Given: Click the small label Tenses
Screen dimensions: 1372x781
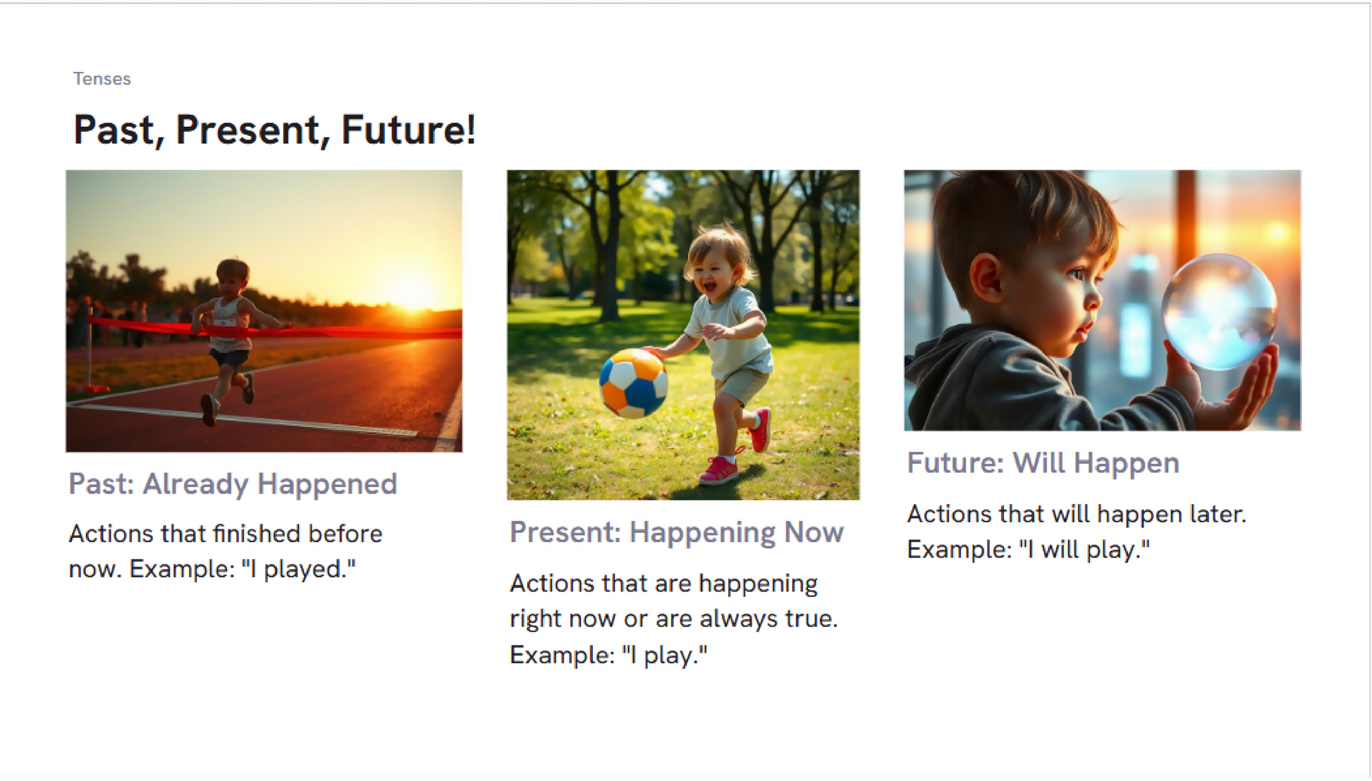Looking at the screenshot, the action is pos(102,79).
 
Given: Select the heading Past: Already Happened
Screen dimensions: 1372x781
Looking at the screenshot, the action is pos(233,484).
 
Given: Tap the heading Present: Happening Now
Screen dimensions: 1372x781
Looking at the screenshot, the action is pos(677,533).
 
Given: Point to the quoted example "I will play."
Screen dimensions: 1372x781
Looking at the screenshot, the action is pos(1084,549).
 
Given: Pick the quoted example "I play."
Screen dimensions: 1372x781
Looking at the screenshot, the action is pos(665,655).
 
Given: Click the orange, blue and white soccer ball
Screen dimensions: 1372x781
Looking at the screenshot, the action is pos(633,383).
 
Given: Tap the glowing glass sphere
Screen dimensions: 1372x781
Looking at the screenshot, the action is pos(1219,312).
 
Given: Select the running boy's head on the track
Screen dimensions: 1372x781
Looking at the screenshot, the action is pos(232,278).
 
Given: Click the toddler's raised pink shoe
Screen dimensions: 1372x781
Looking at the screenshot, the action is pos(759,429).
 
